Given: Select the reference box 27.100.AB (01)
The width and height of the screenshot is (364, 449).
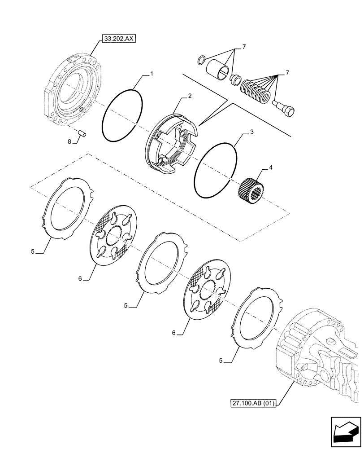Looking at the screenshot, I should (253, 403).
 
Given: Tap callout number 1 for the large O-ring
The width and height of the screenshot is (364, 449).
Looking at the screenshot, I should (152, 72).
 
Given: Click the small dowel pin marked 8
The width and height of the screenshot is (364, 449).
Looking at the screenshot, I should (82, 132).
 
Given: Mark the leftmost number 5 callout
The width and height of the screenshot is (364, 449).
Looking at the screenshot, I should (33, 252).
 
